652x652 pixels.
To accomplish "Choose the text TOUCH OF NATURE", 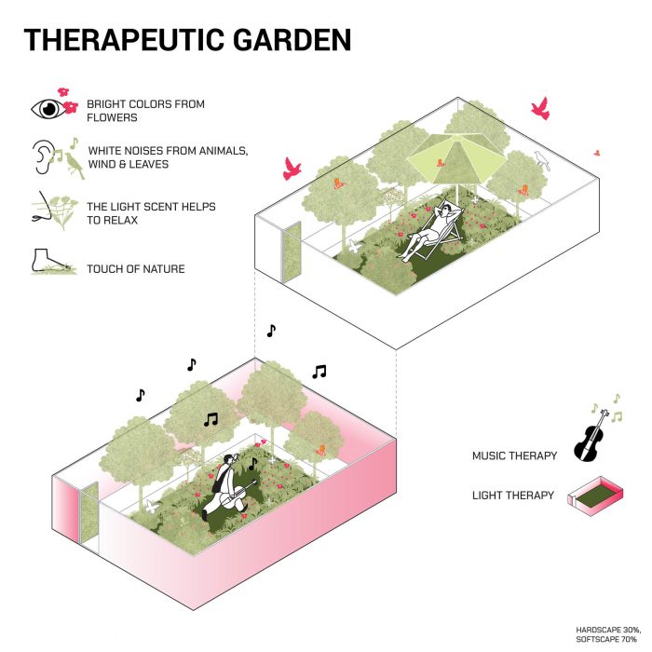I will click(x=136, y=269).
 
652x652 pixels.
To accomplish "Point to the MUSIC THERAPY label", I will click(x=515, y=455).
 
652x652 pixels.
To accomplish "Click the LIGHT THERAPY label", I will click(x=515, y=496).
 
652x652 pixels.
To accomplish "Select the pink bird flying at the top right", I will click(x=539, y=109).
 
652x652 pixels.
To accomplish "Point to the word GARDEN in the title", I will click(x=293, y=40).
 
